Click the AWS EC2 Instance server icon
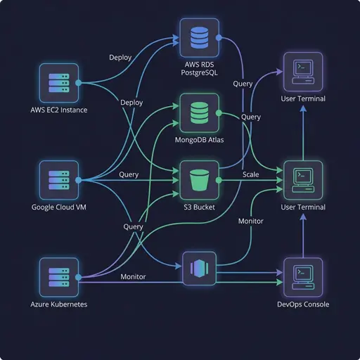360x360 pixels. coord(59,83)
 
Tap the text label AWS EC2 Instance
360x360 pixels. coord(59,110)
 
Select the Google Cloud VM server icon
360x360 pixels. coord(59,180)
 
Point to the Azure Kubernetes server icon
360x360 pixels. coord(59,277)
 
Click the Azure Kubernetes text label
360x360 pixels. coord(59,304)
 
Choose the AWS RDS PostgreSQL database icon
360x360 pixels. coord(200,37)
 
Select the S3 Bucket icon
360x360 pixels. coord(200,180)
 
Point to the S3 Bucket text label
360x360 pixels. coord(200,207)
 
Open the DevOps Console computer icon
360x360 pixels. coord(302,277)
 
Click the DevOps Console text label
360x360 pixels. coord(302,304)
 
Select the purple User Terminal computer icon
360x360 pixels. coord(302,71)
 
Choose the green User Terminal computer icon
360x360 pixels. coord(302,180)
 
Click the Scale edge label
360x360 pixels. coord(251,174)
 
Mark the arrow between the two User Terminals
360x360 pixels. coord(302,134)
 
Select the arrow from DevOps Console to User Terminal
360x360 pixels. coord(302,236)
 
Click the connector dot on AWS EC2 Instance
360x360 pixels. coord(79,83)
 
